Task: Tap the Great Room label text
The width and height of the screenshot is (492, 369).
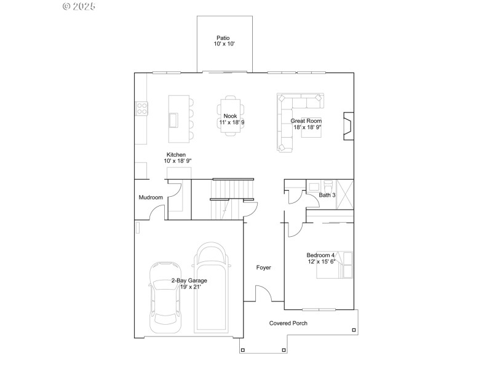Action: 306,121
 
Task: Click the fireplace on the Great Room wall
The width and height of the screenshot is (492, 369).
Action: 348,122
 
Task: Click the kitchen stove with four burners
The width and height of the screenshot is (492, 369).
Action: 141,109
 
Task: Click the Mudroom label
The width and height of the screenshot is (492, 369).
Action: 151,197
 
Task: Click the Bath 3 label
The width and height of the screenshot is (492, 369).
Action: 327,196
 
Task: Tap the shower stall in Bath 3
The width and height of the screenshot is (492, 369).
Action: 344,194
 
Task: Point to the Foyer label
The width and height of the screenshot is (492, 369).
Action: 264,268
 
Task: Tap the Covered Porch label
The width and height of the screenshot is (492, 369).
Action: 288,323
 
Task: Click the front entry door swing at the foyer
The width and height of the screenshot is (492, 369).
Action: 263,294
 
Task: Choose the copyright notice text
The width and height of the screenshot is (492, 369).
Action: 79,6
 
